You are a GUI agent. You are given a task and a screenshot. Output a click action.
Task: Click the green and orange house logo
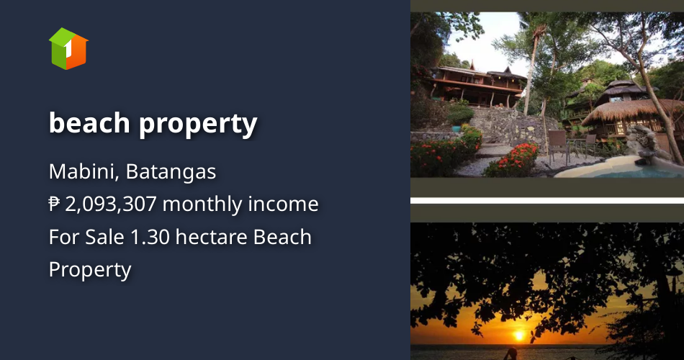[68, 49]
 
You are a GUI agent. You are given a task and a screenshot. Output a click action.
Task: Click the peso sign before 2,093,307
[55, 204]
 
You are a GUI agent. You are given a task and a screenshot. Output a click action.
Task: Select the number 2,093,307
[111, 204]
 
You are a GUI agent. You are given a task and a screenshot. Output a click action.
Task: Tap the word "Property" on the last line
[90, 269]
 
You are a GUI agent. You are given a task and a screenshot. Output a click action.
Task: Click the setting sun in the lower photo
[519, 335]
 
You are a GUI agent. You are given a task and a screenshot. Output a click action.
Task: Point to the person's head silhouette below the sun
[513, 353]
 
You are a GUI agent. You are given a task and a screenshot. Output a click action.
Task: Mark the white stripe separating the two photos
[547, 200]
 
